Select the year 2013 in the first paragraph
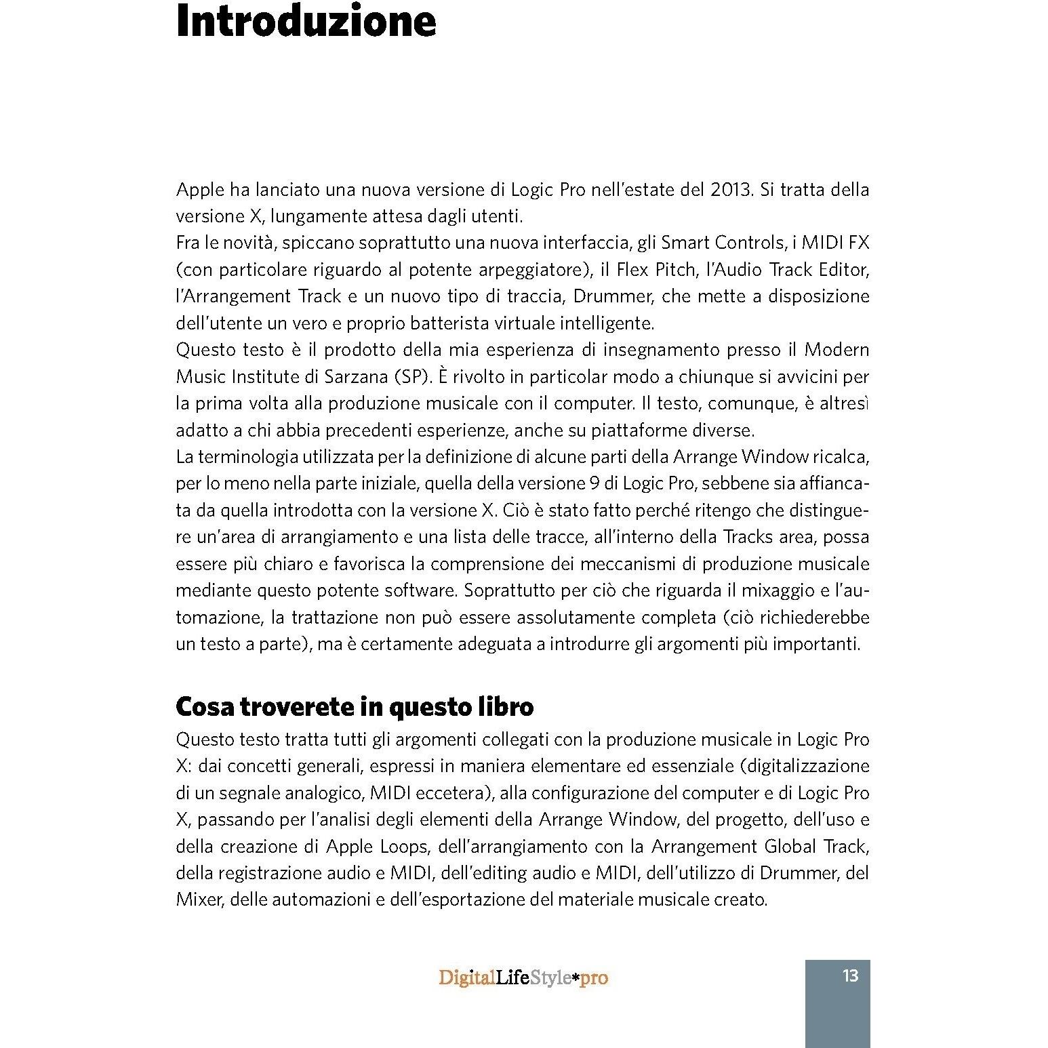tap(731, 190)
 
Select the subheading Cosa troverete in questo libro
tap(354, 707)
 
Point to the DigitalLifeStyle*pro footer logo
tap(523, 978)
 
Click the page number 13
tap(850, 976)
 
